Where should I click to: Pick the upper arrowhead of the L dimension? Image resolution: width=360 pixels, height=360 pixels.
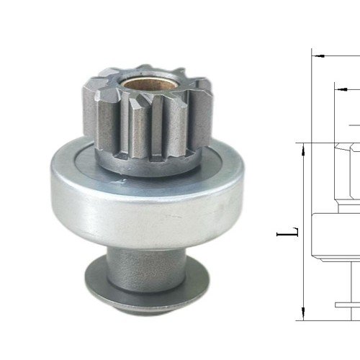click(x=302, y=148)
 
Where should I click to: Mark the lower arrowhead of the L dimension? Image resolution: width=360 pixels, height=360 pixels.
click(x=302, y=312)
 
